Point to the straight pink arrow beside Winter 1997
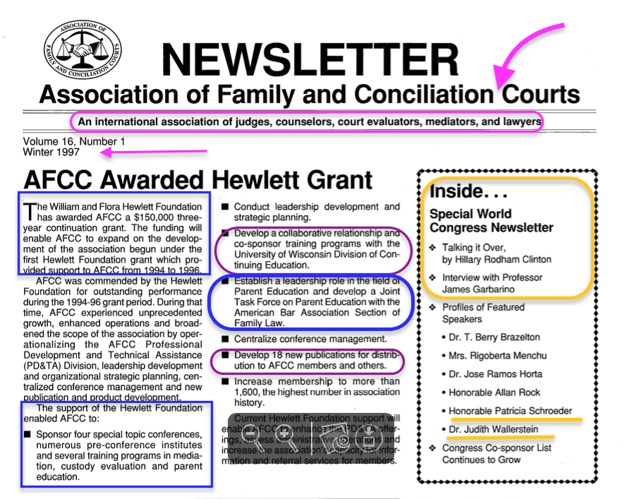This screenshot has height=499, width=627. [152, 151]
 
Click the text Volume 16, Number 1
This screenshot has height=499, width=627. [74, 141]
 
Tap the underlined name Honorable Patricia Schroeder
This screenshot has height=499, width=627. [510, 411]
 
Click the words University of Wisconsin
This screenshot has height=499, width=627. [291, 254]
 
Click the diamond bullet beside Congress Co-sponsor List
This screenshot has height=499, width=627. [433, 447]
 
